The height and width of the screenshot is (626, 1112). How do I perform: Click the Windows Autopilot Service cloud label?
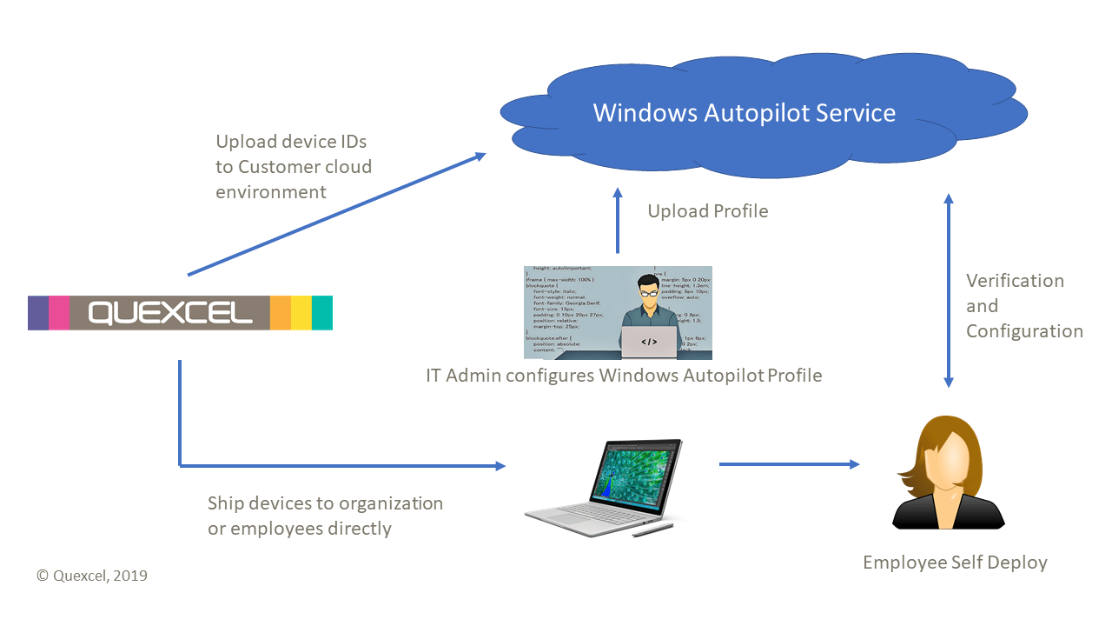point(744,113)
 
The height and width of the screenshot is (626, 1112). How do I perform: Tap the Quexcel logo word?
point(169,312)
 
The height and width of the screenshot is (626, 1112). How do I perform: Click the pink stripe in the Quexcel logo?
point(59,312)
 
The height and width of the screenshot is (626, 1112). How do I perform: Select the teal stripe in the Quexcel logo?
point(322,312)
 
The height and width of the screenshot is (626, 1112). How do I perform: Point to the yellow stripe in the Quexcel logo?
point(301,312)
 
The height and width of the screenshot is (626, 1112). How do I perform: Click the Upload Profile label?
point(707,211)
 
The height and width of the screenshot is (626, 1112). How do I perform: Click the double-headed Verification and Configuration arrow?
point(949,291)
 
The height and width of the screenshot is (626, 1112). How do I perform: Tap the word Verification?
point(1015,281)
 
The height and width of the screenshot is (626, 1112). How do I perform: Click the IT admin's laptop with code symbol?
point(649,342)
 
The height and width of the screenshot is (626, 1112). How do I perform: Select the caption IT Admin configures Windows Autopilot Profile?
point(623,376)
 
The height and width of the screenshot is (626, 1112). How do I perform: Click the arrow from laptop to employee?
point(789,464)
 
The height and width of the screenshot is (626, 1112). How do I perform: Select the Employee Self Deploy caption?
point(955,563)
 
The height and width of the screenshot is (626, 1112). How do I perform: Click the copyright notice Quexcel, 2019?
point(92,576)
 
